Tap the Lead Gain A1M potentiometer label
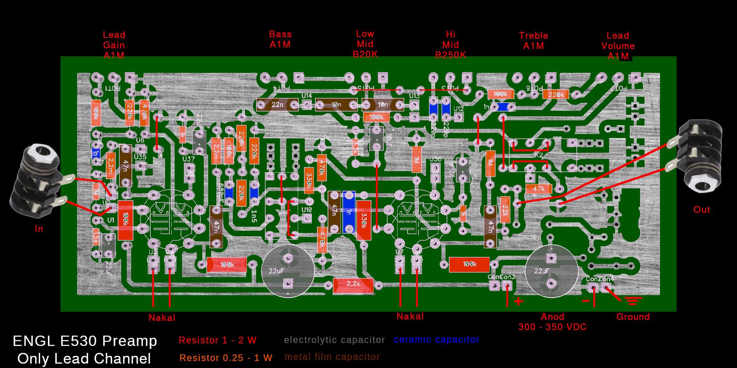pyautogui.click(x=114, y=45)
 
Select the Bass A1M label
pyautogui.click(x=280, y=39)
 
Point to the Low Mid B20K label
pyautogui.click(x=365, y=44)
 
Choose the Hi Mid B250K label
pyautogui.click(x=450, y=45)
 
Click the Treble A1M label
pyautogui.click(x=533, y=40)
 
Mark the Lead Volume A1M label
pyautogui.click(x=618, y=46)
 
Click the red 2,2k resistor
pyautogui.click(x=353, y=284)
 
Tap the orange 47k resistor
pyautogui.click(x=539, y=189)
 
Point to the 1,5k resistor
pyautogui.click(x=96, y=237)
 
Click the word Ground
pyautogui.click(x=633, y=317)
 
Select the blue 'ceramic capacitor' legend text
pyautogui.click(x=436, y=340)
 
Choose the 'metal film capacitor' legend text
pyautogui.click(x=332, y=357)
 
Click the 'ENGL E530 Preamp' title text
pyautogui.click(x=85, y=341)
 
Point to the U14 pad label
pyautogui.click(x=307, y=96)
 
